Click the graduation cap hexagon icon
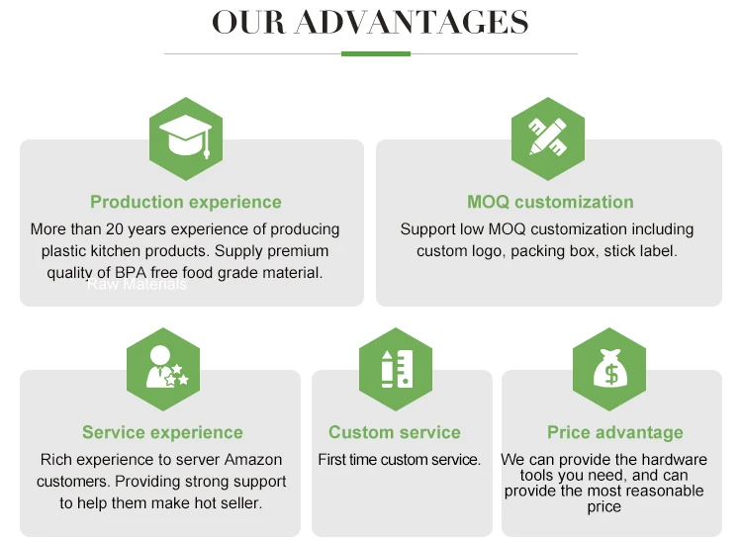[x=186, y=138]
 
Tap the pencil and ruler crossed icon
[x=547, y=138]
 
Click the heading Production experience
[x=186, y=202]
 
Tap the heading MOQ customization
[x=550, y=202]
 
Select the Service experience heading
[x=162, y=432]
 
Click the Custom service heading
[x=395, y=432]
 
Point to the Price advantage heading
[x=615, y=432]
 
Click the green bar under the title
[x=376, y=53]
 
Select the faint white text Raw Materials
[x=137, y=285]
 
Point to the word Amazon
[x=252, y=460]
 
